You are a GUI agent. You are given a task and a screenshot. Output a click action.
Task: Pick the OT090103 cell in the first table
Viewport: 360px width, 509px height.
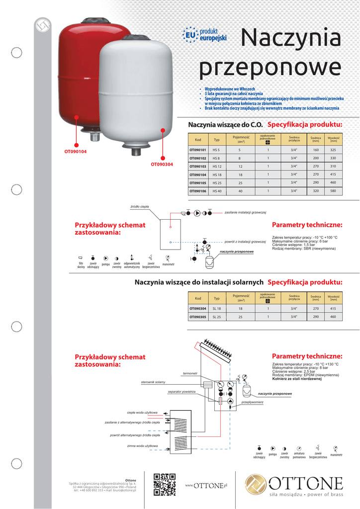197,166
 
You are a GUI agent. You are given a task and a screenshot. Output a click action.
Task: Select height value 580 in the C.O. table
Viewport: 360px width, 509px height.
333,191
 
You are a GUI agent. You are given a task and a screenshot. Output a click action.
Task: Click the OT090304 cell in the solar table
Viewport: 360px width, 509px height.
197,308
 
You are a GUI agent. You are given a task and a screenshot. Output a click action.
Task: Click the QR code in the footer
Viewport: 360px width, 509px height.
164,484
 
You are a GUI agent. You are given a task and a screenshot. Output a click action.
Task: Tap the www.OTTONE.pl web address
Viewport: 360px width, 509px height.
206,485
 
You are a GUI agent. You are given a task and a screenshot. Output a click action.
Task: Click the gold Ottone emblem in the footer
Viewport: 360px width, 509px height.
257,485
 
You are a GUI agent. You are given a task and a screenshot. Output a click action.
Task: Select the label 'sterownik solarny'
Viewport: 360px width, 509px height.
153,382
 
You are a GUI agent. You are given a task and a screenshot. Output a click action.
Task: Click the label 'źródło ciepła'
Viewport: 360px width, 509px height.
140,206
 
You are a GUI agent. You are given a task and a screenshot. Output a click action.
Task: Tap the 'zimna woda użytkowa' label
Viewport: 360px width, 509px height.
142,446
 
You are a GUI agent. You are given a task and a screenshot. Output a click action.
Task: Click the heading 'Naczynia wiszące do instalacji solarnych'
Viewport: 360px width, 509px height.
199,282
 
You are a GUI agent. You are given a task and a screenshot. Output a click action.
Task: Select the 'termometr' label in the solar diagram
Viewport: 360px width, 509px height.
190,373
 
